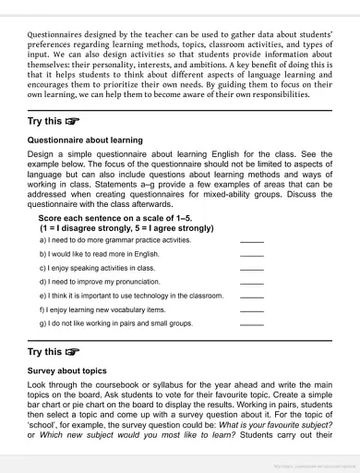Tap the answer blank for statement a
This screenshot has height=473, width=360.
point(251,240)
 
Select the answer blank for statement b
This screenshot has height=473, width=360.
point(251,254)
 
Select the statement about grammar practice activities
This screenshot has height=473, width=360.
point(114,239)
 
